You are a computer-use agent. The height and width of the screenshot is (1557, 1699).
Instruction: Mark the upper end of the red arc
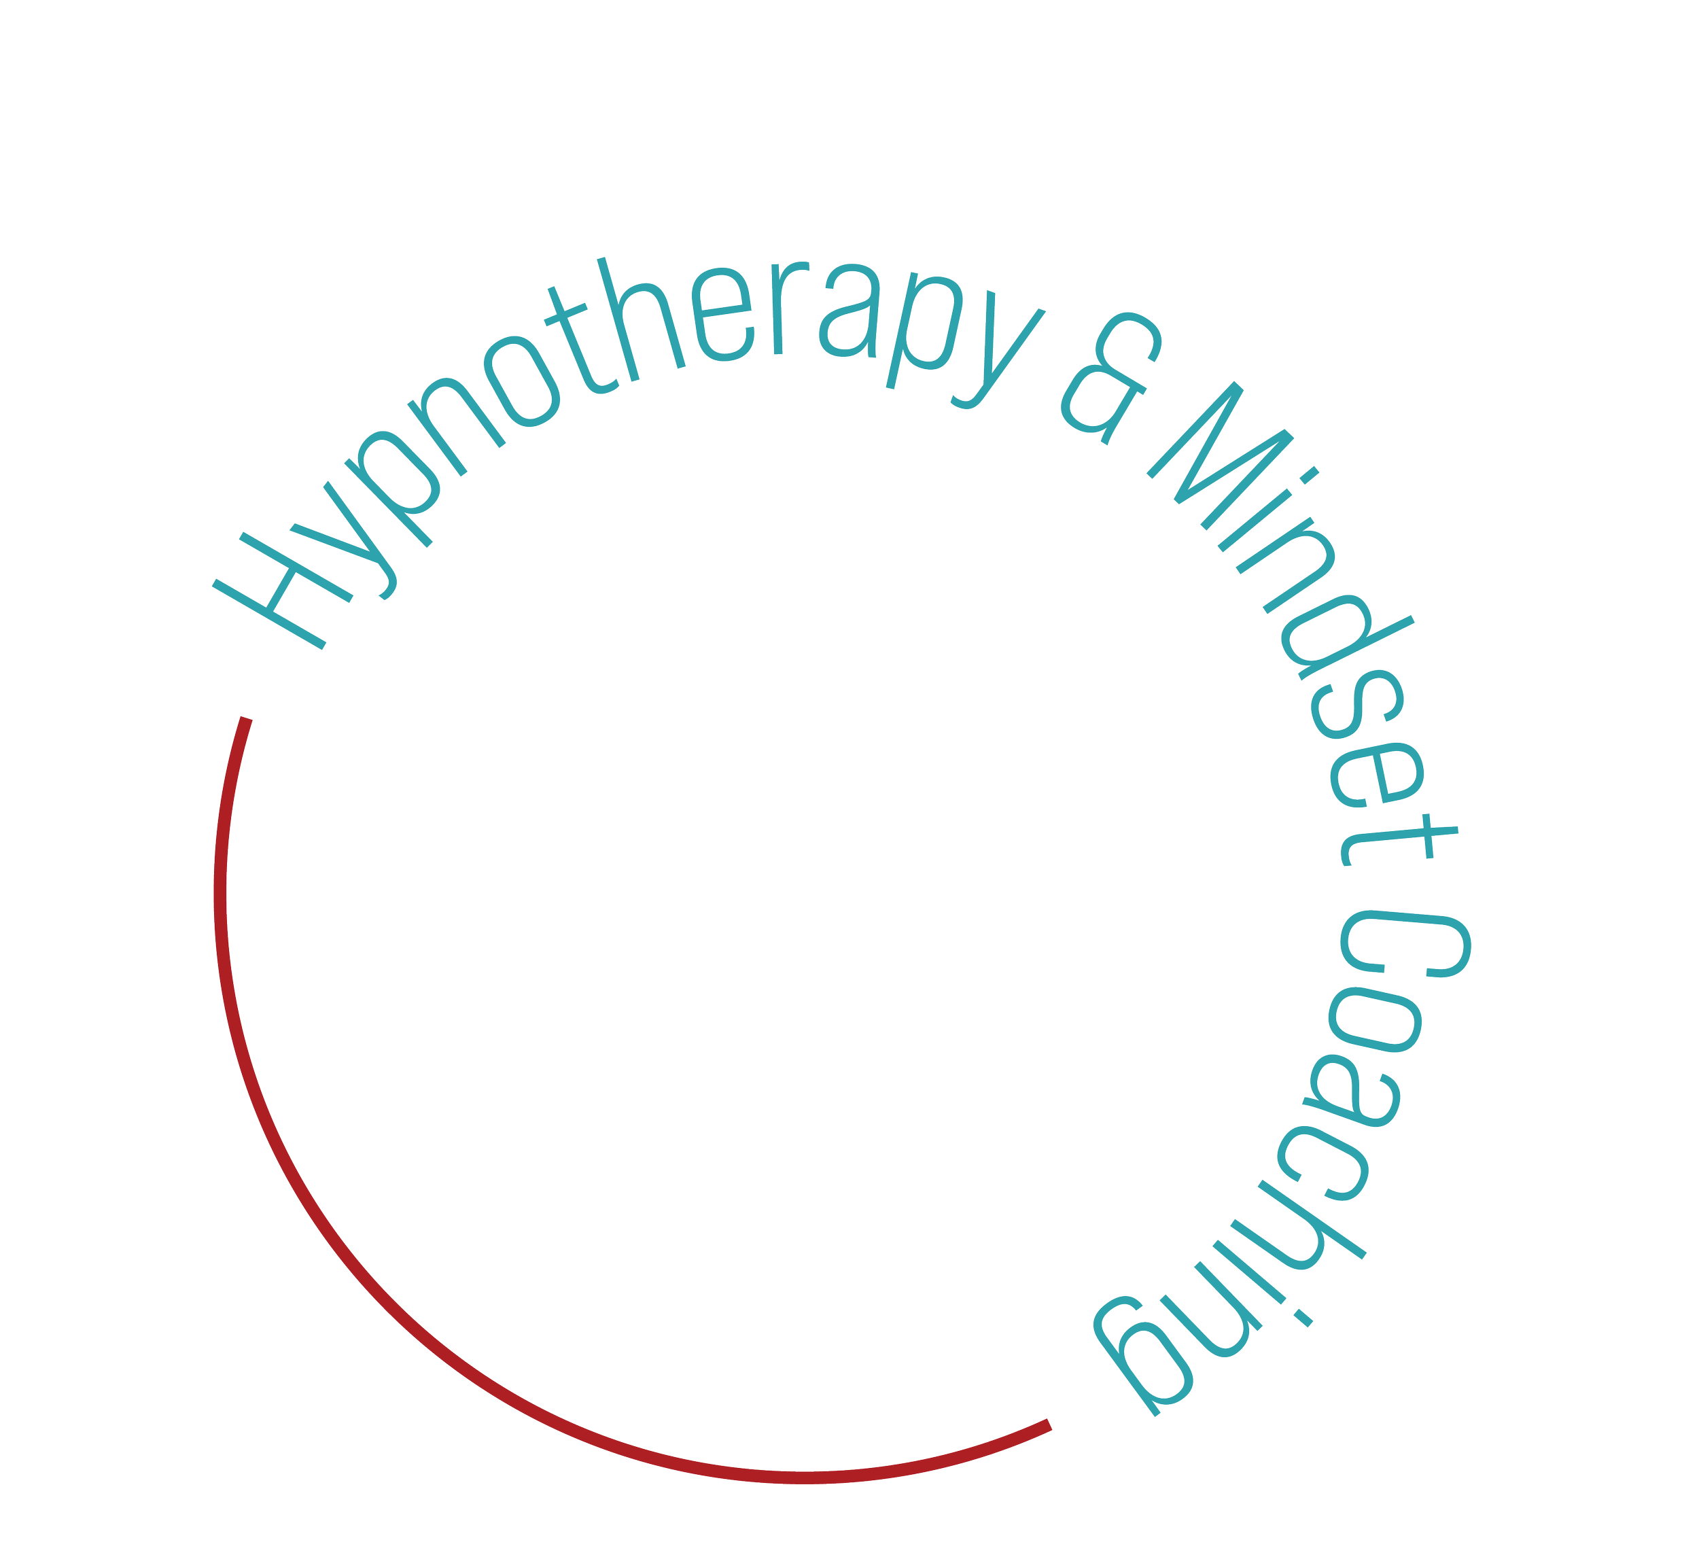coord(246,722)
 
